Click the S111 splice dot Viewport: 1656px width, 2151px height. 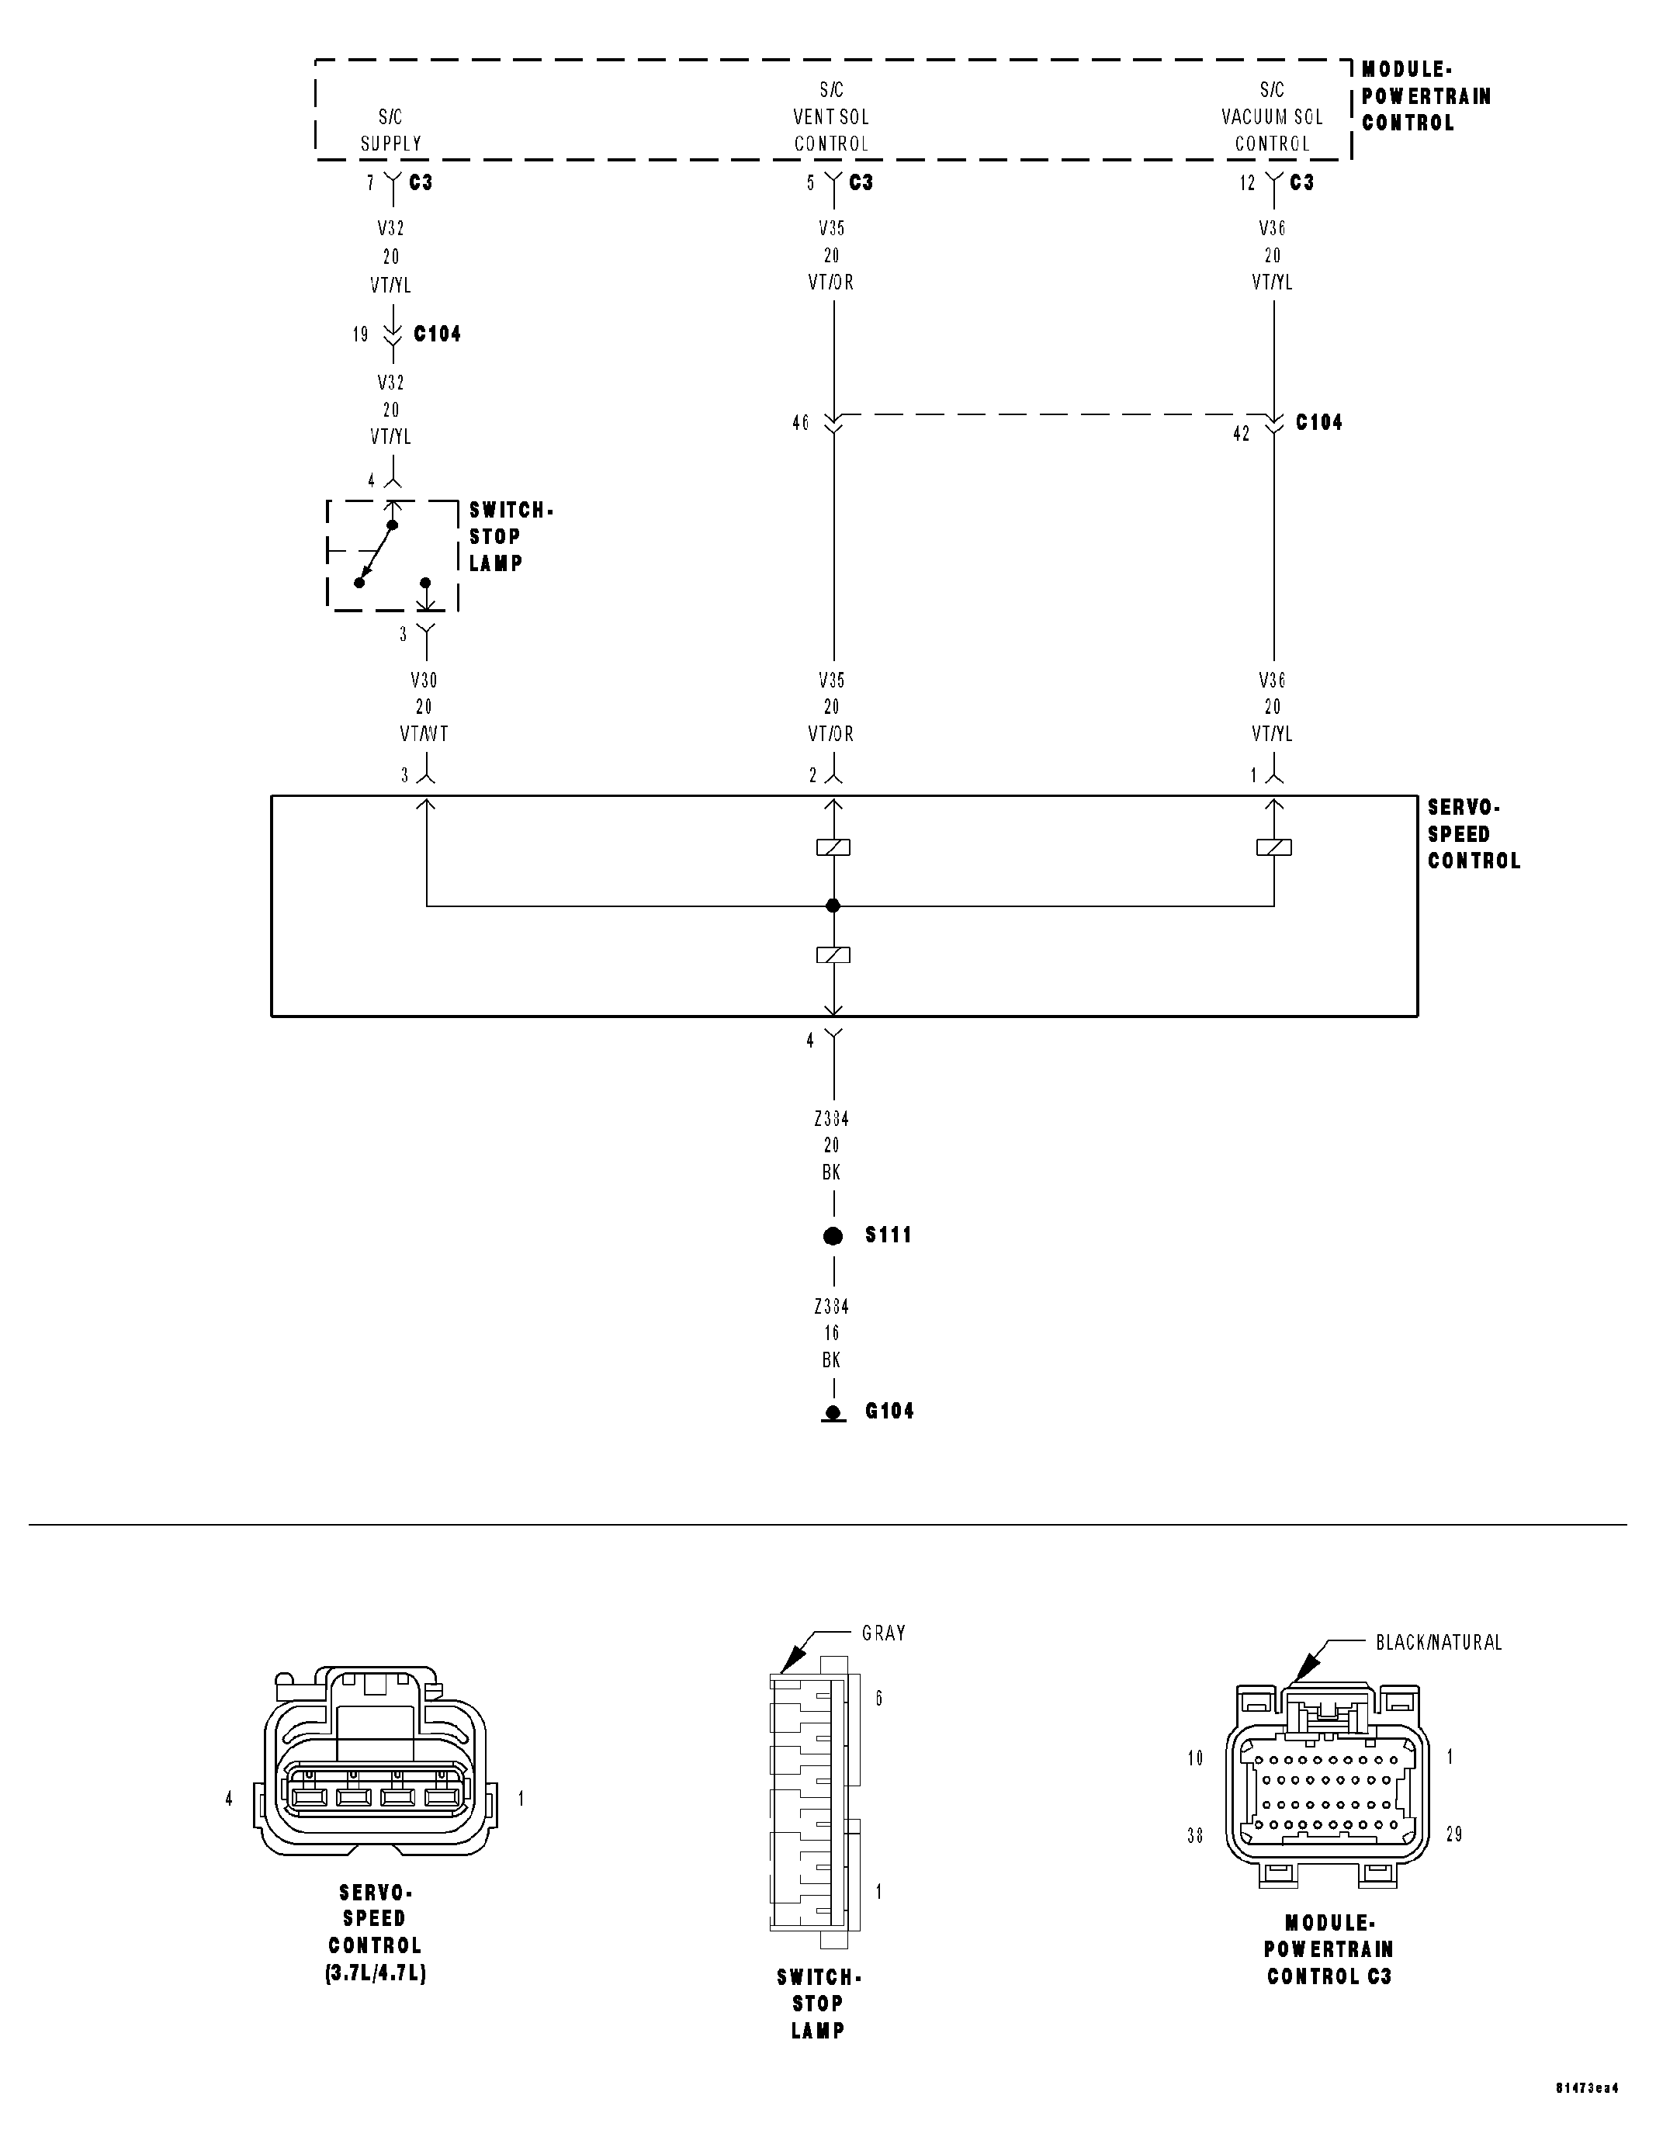[x=833, y=1236]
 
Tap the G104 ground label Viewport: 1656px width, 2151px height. [x=889, y=1411]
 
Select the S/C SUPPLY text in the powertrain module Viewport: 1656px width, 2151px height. [x=391, y=130]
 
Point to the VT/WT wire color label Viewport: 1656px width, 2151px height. [x=424, y=734]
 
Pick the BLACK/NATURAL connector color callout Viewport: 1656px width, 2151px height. [x=1438, y=1643]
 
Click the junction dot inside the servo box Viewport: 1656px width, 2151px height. [x=833, y=905]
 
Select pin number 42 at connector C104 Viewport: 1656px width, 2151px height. [x=1242, y=433]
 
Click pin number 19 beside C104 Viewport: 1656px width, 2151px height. [x=361, y=335]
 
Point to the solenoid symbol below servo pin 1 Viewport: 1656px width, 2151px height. [x=1273, y=847]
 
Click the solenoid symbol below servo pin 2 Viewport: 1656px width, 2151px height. [x=833, y=847]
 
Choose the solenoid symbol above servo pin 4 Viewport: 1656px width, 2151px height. [x=833, y=954]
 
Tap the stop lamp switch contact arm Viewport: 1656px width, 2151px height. [x=376, y=553]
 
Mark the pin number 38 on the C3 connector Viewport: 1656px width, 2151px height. [x=1195, y=1835]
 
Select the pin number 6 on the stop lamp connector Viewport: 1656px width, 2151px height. [x=878, y=1698]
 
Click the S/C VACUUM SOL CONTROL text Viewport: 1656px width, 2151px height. [x=1272, y=116]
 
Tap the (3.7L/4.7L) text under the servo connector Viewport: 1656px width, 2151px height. [x=376, y=1973]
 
